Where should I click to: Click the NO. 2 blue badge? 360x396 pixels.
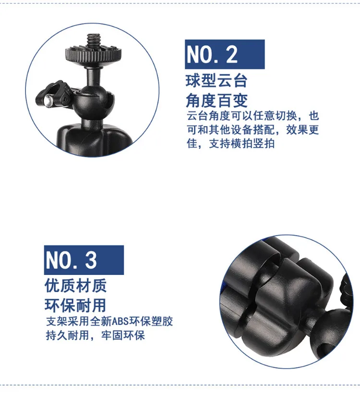click(225, 54)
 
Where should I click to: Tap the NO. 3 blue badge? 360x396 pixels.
click(84, 260)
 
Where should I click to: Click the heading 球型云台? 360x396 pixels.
click(216, 81)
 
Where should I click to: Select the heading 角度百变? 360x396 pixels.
click(216, 100)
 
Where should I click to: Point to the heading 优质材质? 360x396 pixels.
click(76, 285)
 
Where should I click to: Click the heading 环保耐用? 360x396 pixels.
click(76, 305)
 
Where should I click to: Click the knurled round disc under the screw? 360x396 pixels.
click(94, 53)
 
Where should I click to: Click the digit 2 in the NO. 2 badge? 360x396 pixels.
click(232, 55)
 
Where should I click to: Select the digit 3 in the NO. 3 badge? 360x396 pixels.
click(91, 260)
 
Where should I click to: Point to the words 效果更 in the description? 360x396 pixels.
click(302, 130)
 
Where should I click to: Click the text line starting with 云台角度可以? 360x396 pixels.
click(253, 116)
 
